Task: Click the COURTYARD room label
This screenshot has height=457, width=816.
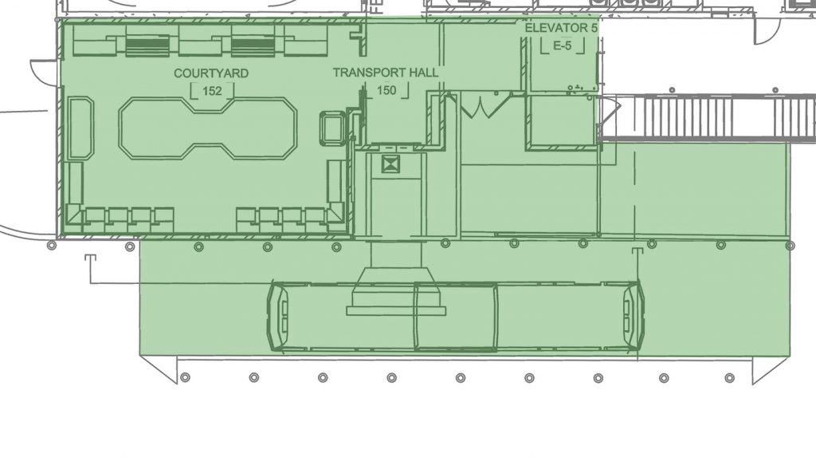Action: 210,73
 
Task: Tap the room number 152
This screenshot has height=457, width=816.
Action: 212,91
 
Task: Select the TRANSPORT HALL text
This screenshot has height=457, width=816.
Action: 386,73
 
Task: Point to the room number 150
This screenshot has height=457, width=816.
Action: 386,91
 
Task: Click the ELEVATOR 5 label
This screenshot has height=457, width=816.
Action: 561,28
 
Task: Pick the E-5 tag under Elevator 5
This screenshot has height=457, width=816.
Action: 562,45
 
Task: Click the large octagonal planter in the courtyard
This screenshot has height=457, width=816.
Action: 208,128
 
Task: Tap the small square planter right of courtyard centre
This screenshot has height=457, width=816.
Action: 332,128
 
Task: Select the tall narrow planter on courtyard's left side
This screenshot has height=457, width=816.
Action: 81,128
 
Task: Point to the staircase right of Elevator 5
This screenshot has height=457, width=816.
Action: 708,118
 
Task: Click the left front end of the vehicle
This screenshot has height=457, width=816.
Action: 277,316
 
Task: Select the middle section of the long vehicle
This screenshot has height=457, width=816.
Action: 456,316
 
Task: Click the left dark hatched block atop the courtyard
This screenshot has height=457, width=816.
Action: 147,46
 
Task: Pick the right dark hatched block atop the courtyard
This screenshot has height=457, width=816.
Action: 253,46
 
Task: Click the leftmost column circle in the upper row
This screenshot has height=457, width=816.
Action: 52,246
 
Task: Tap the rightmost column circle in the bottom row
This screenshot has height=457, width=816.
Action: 730,378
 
